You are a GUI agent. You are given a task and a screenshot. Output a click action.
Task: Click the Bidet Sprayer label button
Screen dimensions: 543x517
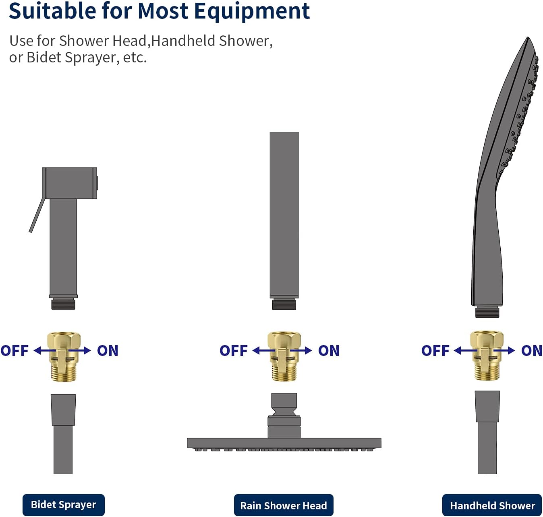pyautogui.click(x=64, y=505)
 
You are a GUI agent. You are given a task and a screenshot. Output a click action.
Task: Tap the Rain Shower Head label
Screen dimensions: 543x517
pyautogui.click(x=284, y=505)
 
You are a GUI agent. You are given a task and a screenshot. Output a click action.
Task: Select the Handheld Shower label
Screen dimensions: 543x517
pyautogui.click(x=492, y=505)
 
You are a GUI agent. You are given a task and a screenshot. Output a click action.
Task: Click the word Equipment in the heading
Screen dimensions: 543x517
pyautogui.click(x=252, y=12)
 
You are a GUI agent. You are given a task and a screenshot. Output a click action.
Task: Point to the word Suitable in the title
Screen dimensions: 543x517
pyautogui.click(x=53, y=11)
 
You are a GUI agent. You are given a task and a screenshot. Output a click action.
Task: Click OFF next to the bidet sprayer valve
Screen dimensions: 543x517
pyautogui.click(x=15, y=351)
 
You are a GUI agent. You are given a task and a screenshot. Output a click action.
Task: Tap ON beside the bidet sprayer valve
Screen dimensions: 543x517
pyautogui.click(x=108, y=351)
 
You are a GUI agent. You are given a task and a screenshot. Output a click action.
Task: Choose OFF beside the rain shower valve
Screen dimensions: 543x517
pyautogui.click(x=233, y=351)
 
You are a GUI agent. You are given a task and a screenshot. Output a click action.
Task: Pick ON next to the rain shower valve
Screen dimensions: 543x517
pyautogui.click(x=329, y=351)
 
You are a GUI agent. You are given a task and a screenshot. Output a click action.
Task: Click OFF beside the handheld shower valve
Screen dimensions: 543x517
pyautogui.click(x=435, y=351)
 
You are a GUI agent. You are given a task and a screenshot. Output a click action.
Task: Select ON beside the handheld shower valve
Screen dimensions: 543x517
pyautogui.click(x=532, y=351)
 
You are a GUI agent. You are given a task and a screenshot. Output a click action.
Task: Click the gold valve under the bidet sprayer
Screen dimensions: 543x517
pyautogui.click(x=64, y=356)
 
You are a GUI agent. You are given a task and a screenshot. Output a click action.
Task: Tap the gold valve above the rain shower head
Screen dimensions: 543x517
pyautogui.click(x=284, y=356)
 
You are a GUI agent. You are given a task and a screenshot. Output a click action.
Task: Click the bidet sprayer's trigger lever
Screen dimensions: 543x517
pyautogui.click(x=37, y=215)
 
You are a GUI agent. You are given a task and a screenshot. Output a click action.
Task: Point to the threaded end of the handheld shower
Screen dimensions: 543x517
pyautogui.click(x=487, y=312)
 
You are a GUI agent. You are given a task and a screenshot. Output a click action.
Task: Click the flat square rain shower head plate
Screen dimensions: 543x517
pyautogui.click(x=284, y=443)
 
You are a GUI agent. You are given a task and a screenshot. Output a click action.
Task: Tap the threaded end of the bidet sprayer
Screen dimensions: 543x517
pyautogui.click(x=63, y=304)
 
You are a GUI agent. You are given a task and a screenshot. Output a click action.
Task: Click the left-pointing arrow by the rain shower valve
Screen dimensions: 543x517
pyautogui.click(x=264, y=351)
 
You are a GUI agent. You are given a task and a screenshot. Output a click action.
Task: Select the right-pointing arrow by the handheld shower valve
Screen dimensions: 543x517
pyautogui.click(x=504, y=351)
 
